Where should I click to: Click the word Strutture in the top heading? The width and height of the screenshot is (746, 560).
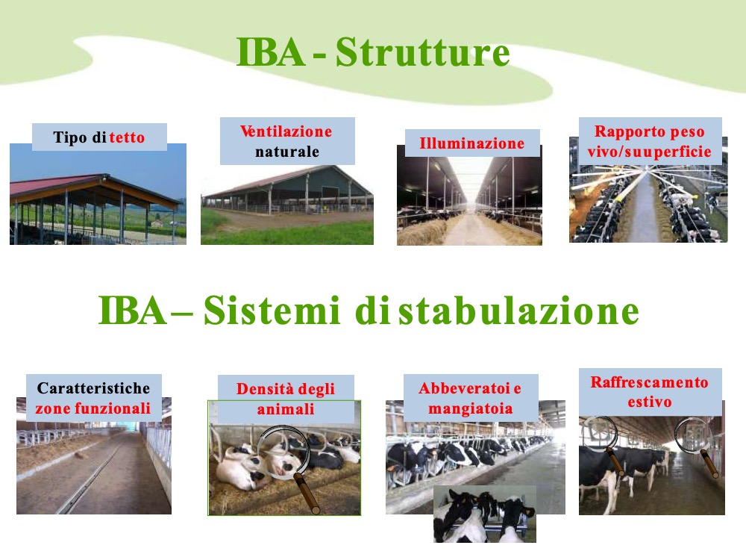[422, 52]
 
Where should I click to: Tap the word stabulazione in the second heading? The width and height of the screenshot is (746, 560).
[519, 311]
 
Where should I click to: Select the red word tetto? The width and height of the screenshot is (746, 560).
[127, 137]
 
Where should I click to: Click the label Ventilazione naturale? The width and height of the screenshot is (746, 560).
[287, 141]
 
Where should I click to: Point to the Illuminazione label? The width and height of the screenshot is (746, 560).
[472, 143]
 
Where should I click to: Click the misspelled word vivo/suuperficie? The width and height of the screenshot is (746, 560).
[650, 152]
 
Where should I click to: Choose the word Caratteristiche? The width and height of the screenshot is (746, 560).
[93, 388]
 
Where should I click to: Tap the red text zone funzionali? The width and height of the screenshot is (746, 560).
[93, 408]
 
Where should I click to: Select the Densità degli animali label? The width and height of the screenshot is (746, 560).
[286, 399]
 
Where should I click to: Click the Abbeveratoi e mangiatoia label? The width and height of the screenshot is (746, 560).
[471, 398]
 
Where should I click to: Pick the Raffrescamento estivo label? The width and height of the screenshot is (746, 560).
[650, 392]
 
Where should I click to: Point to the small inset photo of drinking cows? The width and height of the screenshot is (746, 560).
[485, 514]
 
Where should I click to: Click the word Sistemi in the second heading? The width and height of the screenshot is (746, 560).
[272, 311]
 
